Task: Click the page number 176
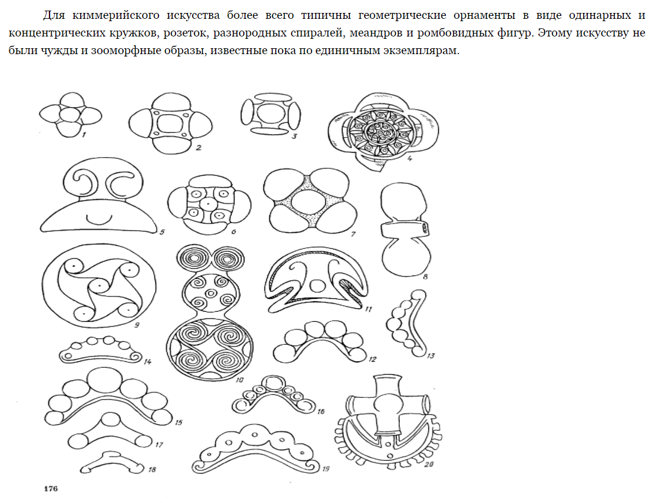coord(51,488)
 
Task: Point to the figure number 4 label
coord(410,158)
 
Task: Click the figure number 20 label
coord(429,464)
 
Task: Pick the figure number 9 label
coord(137,325)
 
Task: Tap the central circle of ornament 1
coord(70,115)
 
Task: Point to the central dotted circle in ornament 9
coord(100,286)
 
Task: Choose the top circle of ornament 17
coord(111,419)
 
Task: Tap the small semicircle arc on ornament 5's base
coord(100,218)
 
